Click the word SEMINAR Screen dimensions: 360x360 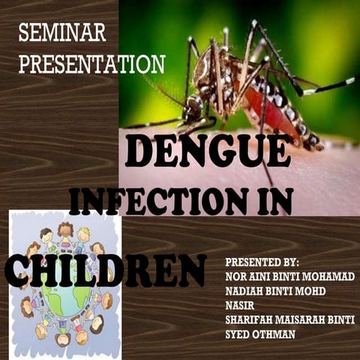coord(62,33)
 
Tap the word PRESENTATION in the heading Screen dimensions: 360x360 coord(91,64)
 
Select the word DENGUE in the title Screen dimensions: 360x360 coord(208,152)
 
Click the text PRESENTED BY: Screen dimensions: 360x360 coord(262,262)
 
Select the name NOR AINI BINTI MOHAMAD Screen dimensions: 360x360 coord(289,277)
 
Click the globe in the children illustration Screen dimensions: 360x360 coord(64,297)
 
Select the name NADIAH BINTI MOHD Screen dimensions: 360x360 coord(276,291)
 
